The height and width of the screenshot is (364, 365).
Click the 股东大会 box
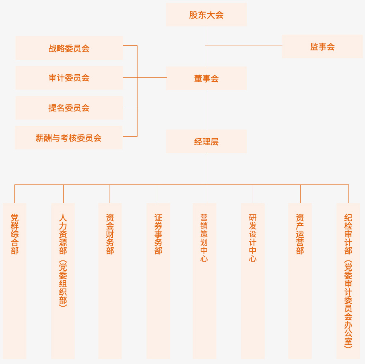[x=206, y=15]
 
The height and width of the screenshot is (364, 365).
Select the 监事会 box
[x=322, y=47]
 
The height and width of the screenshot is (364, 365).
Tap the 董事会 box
[x=206, y=78]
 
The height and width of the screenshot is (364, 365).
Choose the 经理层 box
[x=206, y=142]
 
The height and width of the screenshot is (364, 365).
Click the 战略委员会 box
[x=69, y=48]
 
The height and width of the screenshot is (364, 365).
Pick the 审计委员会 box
[x=69, y=78]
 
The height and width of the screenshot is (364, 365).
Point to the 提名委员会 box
[x=69, y=108]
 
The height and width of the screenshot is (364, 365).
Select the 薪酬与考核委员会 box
[x=69, y=138]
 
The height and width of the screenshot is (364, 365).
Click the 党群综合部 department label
[x=15, y=234]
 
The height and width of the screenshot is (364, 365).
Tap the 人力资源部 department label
[x=63, y=234]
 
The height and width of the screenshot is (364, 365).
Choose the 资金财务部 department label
[x=110, y=234]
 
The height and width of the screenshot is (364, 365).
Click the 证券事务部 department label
[x=158, y=234]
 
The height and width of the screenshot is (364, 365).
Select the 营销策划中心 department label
[x=204, y=238]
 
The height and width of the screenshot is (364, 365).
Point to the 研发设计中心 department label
[x=253, y=238]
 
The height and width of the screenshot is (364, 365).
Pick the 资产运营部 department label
[x=300, y=234]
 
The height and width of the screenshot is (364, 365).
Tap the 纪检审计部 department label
[x=348, y=234]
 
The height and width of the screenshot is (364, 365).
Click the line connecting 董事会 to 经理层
[x=205, y=110]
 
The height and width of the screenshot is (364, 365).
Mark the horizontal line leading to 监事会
[x=244, y=45]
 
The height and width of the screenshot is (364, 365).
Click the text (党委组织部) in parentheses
[x=63, y=283]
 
